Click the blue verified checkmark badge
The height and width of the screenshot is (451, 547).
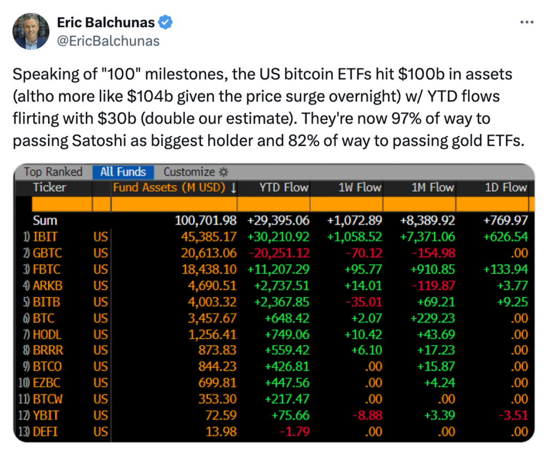(x=166, y=22)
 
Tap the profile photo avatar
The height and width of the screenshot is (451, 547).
(x=31, y=32)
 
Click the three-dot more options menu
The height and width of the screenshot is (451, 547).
(x=526, y=22)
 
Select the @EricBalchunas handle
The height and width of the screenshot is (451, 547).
(x=108, y=41)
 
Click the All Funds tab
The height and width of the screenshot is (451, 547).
(x=123, y=172)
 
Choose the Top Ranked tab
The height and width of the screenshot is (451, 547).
(x=53, y=172)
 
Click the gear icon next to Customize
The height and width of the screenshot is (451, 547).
(x=223, y=172)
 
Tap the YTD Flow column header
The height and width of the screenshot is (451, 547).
(x=284, y=188)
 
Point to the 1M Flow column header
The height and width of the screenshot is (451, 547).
(x=433, y=188)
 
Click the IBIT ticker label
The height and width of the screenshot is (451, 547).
(x=45, y=237)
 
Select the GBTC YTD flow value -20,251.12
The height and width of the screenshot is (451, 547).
(x=279, y=253)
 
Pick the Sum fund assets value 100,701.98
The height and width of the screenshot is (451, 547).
(x=206, y=221)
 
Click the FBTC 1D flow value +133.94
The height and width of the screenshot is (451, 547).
(x=505, y=269)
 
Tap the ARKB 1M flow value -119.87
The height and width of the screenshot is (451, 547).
(x=434, y=286)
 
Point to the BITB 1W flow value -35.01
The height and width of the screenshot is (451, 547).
(x=364, y=302)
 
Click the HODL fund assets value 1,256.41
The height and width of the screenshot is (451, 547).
(x=213, y=335)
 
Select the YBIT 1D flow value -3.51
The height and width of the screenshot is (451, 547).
(x=513, y=415)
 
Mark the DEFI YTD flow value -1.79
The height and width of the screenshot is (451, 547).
(x=295, y=432)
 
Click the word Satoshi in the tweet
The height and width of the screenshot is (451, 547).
(x=99, y=141)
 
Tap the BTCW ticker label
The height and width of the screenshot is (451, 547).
(x=48, y=399)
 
